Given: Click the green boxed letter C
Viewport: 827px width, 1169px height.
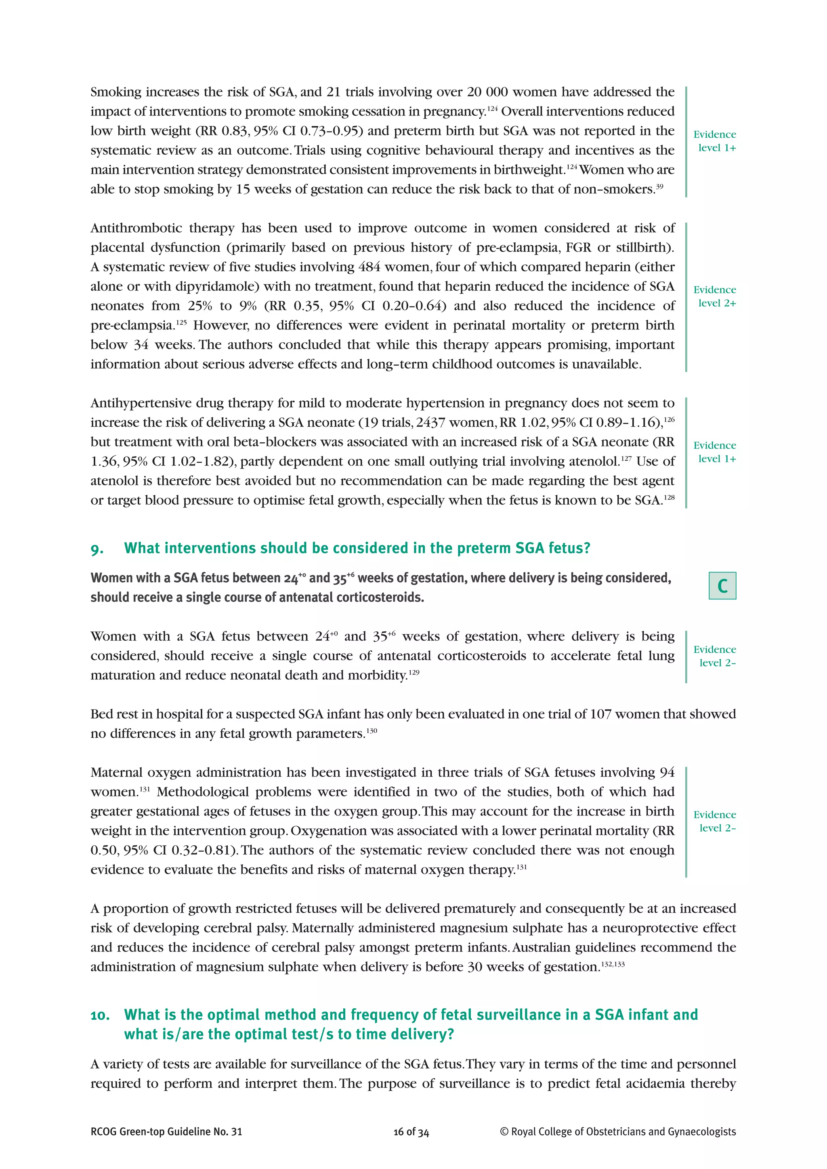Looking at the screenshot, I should click(x=722, y=586).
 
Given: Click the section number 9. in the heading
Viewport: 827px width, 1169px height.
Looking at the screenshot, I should click(x=97, y=549).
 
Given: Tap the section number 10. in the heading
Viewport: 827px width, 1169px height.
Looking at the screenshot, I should click(x=100, y=1015).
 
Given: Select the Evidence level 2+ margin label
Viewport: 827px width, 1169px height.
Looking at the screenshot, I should click(x=714, y=296).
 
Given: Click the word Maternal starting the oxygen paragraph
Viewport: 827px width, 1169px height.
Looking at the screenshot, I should click(x=119, y=772).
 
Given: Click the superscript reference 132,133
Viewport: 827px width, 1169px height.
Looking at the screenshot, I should click(x=613, y=964).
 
